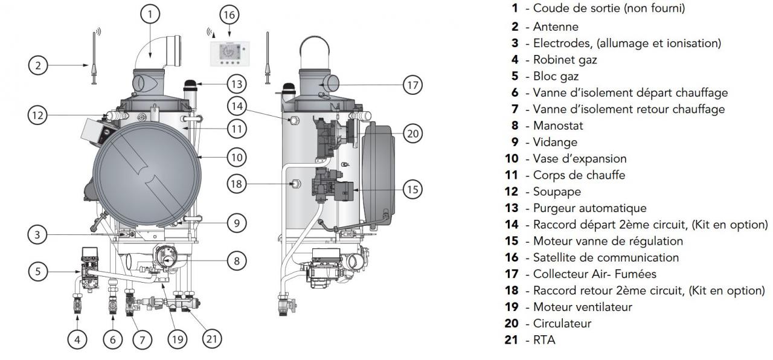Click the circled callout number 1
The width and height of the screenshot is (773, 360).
click(x=150, y=14)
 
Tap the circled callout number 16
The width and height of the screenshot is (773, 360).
click(x=229, y=15)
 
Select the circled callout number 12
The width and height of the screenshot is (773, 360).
click(x=37, y=115)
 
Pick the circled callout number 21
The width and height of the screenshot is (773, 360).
click(x=211, y=339)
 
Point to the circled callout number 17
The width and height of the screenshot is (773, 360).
click(x=412, y=85)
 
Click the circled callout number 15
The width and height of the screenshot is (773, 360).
click(x=412, y=189)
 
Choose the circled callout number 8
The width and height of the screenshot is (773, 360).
click(x=237, y=260)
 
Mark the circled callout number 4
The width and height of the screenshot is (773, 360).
click(x=77, y=339)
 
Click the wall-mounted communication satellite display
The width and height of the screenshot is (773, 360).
click(x=230, y=54)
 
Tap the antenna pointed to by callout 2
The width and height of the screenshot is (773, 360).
click(x=94, y=58)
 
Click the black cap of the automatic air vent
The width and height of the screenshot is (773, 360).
click(x=190, y=84)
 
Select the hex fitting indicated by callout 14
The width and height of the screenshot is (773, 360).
click(x=294, y=120)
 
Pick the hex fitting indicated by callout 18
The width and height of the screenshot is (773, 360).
click(x=295, y=184)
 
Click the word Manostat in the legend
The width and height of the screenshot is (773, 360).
click(x=558, y=126)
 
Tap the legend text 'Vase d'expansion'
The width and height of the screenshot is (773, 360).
click(x=580, y=158)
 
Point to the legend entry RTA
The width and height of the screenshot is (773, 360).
click(x=544, y=340)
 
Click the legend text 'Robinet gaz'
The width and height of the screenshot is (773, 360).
click(x=565, y=60)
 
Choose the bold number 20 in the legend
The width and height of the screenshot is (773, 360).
click(x=512, y=323)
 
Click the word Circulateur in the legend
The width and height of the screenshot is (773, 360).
click(x=562, y=323)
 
